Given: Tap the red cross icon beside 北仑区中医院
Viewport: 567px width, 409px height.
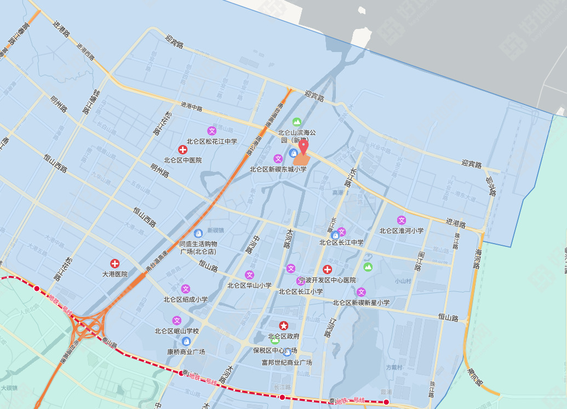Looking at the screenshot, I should click(182, 149).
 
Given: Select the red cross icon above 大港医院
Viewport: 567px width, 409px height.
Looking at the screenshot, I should click(115, 263).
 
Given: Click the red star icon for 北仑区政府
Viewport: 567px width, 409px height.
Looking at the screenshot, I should click(283, 325).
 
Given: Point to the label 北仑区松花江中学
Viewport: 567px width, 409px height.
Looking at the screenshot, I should click(211, 141).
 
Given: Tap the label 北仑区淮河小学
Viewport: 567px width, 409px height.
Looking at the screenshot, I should click(401, 231).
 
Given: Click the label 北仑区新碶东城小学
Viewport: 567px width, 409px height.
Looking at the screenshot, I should click(278, 169).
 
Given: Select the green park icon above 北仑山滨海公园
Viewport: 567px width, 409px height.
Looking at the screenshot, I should click(297, 122).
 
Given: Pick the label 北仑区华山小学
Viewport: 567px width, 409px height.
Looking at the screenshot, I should click(249, 285).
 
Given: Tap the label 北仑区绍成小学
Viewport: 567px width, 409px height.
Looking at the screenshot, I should click(185, 299).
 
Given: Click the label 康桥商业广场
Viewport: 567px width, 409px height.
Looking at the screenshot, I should click(186, 352).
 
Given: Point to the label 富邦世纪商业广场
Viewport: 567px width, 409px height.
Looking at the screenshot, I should click(287, 362).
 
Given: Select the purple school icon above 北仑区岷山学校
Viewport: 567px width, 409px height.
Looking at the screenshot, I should click(176, 320).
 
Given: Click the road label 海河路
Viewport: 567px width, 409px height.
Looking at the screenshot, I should click(478, 258).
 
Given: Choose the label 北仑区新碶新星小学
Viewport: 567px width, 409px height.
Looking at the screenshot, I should click(361, 302).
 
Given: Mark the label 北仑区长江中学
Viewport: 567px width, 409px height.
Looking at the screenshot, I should click(341, 242).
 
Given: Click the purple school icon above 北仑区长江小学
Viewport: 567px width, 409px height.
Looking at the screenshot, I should click(300, 281).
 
